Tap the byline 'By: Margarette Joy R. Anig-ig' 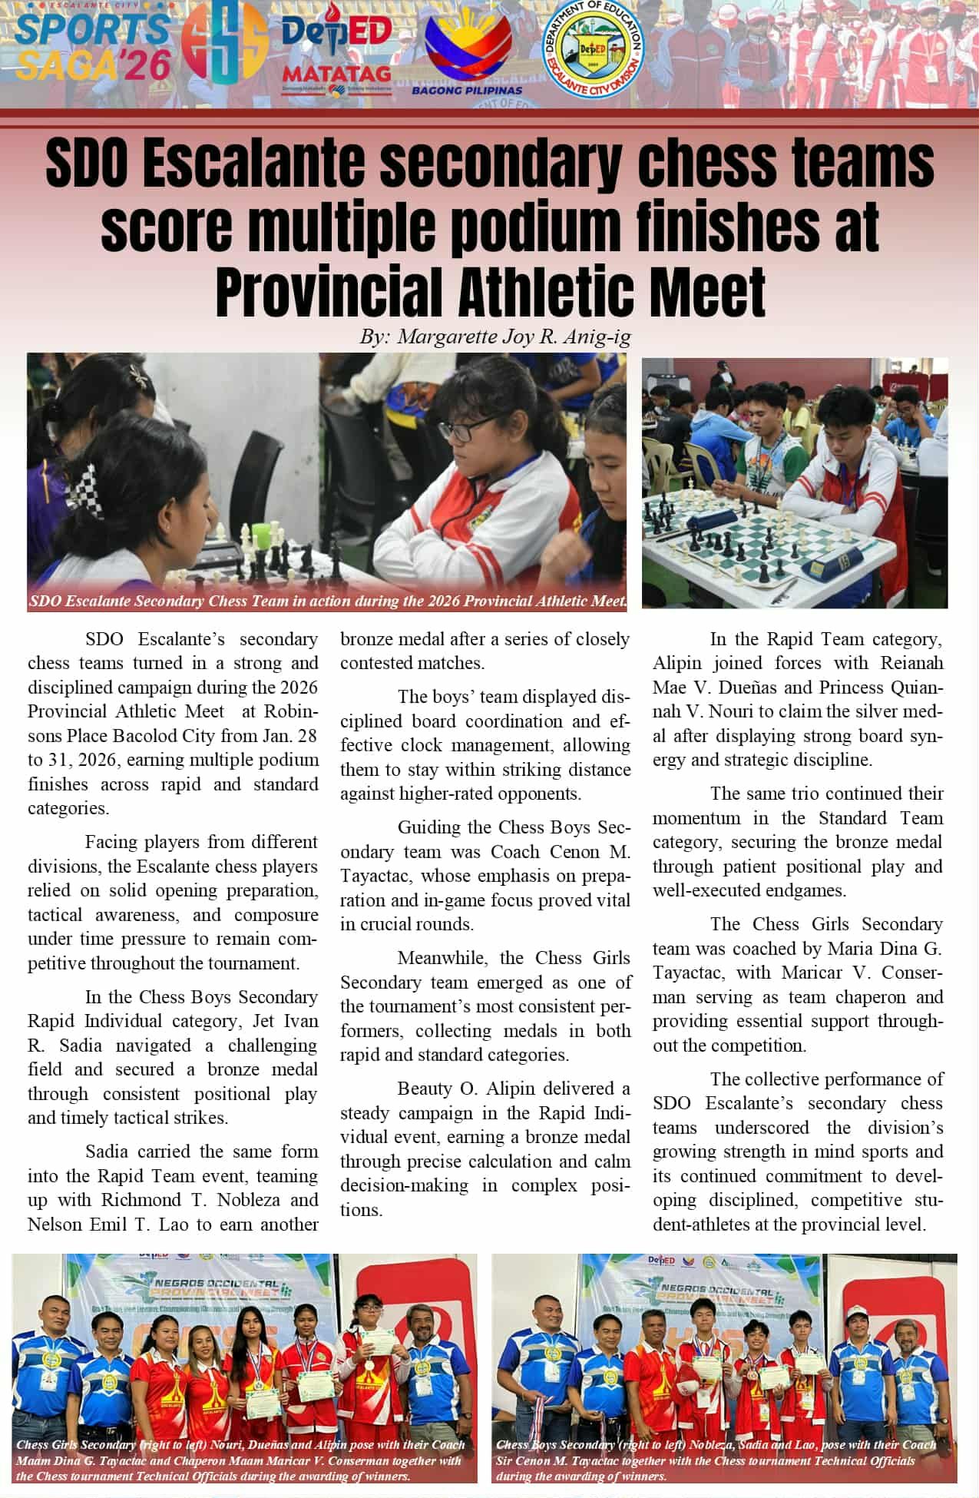(494, 337)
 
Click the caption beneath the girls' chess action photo (328, 601)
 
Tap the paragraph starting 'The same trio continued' (797, 841)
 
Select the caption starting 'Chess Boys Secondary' (716, 1460)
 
